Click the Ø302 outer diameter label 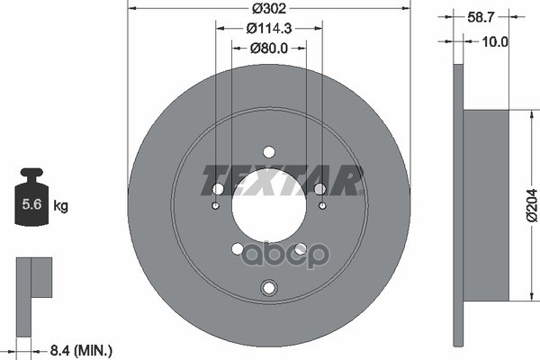point(268,8)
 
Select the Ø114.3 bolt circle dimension point(268,29)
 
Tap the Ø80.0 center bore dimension point(268,49)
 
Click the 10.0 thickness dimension point(495,41)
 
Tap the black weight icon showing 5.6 point(31,198)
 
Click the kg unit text point(61,206)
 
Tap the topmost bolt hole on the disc point(268,152)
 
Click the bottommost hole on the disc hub point(268,287)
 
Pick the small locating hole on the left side point(216,206)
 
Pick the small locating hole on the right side point(321,206)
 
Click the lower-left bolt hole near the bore point(238,248)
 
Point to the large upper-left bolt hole point(218,188)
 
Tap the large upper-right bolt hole point(319,188)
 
